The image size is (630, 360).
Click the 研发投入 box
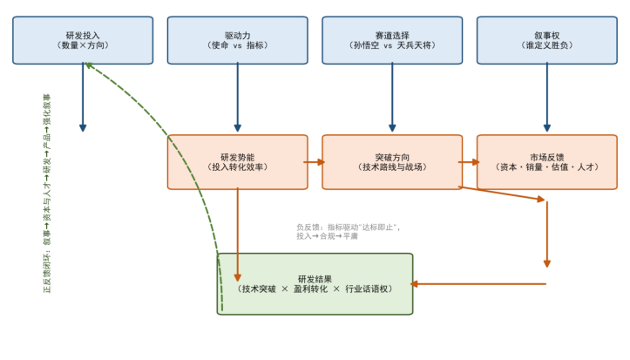click(x=83, y=40)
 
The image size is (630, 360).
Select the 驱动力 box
click(x=238, y=40)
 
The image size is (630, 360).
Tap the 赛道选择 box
click(x=392, y=40)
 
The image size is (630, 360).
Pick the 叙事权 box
click(x=547, y=40)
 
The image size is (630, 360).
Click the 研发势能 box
click(x=238, y=162)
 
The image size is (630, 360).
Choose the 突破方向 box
click(x=392, y=162)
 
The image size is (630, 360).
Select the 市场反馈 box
click(x=547, y=162)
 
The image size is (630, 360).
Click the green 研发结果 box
click(x=315, y=283)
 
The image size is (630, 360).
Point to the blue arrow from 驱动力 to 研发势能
click(x=238, y=98)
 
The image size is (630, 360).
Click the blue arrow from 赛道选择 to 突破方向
click(x=392, y=98)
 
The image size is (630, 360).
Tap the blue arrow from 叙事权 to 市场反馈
click(x=547, y=98)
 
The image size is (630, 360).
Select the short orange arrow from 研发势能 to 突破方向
click(x=315, y=162)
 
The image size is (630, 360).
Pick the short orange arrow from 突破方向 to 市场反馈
click(x=469, y=162)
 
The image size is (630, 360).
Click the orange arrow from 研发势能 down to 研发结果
click(x=238, y=234)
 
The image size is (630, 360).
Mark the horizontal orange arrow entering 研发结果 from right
click(x=478, y=284)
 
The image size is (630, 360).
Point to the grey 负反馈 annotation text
click(x=349, y=232)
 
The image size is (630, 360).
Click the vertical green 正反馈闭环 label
click(x=47, y=194)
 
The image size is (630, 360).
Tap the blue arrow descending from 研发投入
click(x=83, y=98)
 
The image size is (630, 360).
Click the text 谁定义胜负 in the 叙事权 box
click(x=547, y=45)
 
